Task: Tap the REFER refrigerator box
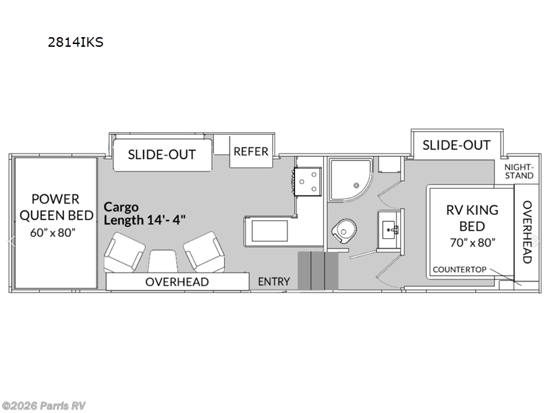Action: click(250, 151)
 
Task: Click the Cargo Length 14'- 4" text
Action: click(144, 213)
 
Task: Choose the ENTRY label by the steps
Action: click(274, 282)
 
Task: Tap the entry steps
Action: click(318, 271)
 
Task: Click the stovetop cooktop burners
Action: click(307, 180)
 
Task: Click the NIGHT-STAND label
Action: click(518, 171)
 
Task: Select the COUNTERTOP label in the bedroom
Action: click(462, 269)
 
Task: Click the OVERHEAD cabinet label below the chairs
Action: click(177, 282)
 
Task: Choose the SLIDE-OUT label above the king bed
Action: click(456, 145)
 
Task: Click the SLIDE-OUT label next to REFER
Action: click(162, 154)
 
